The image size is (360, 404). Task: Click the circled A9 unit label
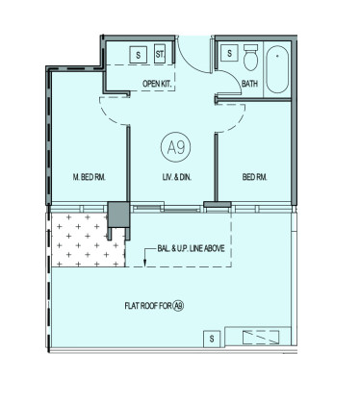[x=175, y=147]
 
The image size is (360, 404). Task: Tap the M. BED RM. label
[x=90, y=177]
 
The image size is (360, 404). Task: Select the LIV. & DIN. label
[x=177, y=177]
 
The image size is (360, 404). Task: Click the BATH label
[x=249, y=84]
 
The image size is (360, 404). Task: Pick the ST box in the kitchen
[x=160, y=54]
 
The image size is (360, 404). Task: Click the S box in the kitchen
[x=139, y=55]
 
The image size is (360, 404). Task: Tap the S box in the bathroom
[x=229, y=53]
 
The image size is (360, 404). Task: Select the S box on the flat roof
[x=212, y=339]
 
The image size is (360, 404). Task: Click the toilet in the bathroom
[x=250, y=58]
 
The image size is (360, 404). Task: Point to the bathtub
[x=277, y=69]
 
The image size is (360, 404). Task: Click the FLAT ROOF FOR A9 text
[x=154, y=306]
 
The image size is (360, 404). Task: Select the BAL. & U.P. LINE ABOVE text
[x=191, y=248]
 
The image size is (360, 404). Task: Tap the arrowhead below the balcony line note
[x=144, y=264]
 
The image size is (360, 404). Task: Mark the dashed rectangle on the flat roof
[x=261, y=338]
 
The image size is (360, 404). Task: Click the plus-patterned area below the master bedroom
[x=87, y=240]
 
